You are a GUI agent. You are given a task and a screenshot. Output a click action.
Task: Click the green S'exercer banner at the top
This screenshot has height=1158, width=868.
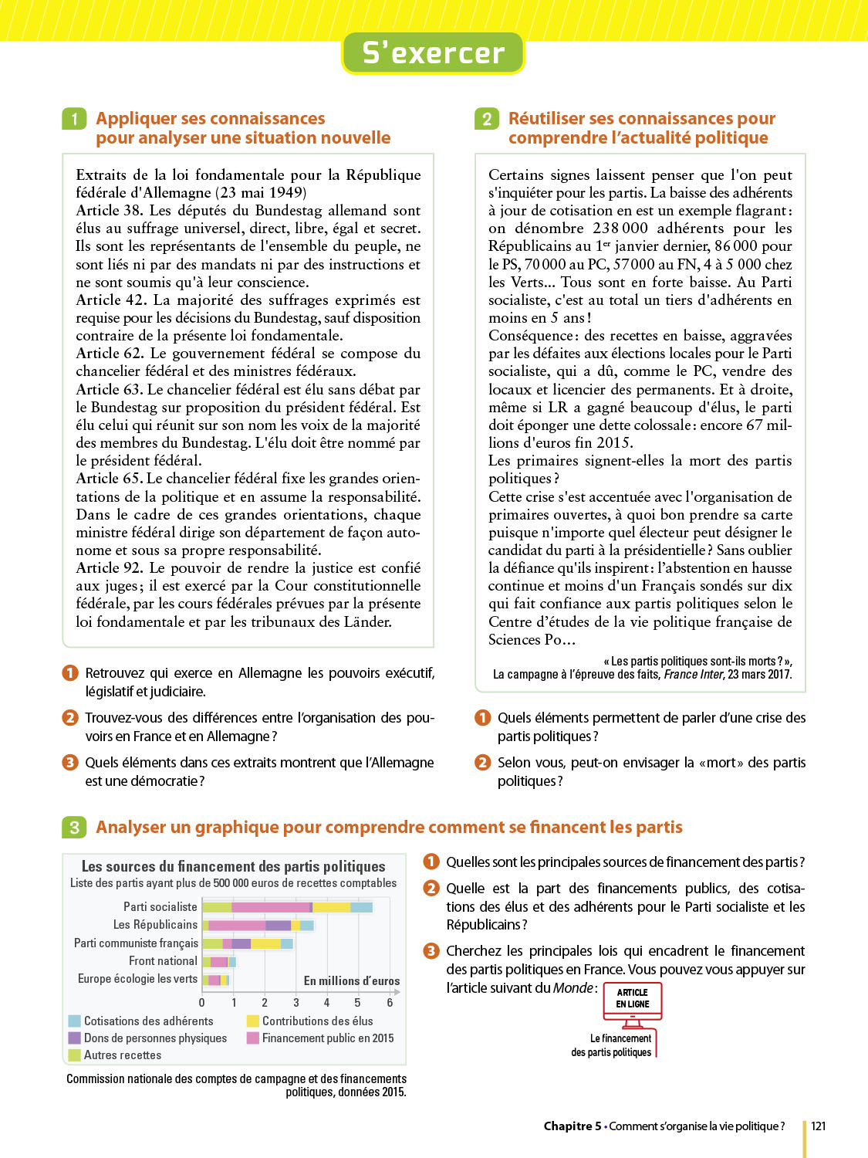pyautogui.click(x=433, y=52)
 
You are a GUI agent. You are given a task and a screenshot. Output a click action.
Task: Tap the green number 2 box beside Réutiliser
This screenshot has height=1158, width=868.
pyautogui.click(x=487, y=119)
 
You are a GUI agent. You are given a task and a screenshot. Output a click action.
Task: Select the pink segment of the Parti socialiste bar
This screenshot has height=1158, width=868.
pyautogui.click(x=270, y=907)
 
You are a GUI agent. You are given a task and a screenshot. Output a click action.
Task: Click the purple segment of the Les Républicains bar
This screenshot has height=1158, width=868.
pyautogui.click(x=278, y=925)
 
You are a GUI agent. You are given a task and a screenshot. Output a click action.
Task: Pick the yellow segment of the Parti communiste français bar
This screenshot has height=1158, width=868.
pyautogui.click(x=265, y=943)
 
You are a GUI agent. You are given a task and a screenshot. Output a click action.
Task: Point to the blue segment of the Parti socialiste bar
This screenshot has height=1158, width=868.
pyautogui.click(x=362, y=907)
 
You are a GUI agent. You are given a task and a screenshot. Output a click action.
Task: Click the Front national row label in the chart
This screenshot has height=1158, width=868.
pyautogui.click(x=163, y=961)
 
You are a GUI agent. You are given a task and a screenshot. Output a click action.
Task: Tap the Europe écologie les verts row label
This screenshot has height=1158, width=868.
pyautogui.click(x=137, y=979)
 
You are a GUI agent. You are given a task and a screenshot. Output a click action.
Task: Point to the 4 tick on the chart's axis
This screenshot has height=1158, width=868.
pyautogui.click(x=326, y=1003)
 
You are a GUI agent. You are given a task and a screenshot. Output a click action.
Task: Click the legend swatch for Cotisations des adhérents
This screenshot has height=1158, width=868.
pyautogui.click(x=75, y=1021)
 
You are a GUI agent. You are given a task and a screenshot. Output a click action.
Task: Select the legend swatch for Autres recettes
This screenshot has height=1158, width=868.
pyautogui.click(x=75, y=1055)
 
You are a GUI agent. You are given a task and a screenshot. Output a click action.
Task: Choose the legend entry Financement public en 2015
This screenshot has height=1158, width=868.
pyautogui.click(x=327, y=1038)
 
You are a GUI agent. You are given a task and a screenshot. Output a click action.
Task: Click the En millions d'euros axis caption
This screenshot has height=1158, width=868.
pyautogui.click(x=351, y=981)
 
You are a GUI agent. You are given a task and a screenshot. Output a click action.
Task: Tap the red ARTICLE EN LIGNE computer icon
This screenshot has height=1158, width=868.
pyautogui.click(x=632, y=1004)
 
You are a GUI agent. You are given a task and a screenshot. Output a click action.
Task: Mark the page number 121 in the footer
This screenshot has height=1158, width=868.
pyautogui.click(x=819, y=1126)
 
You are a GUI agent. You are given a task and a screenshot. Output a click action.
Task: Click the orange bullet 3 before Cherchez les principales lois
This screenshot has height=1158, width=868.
pyautogui.click(x=431, y=951)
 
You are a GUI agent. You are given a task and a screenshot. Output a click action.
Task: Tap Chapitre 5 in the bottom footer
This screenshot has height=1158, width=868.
pyautogui.click(x=572, y=1126)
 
